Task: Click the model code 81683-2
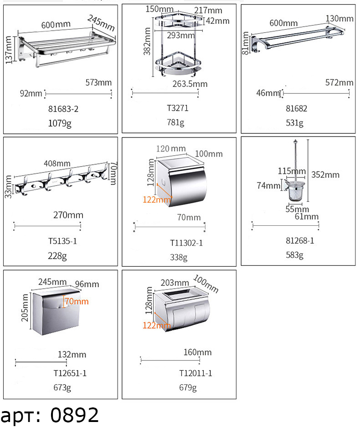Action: click(x=63, y=109)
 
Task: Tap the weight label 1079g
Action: click(x=60, y=123)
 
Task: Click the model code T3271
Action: click(x=177, y=108)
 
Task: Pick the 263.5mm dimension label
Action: click(x=190, y=84)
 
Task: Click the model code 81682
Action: click(x=296, y=109)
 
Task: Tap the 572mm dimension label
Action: click(x=339, y=82)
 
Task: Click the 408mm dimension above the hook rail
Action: click(x=57, y=163)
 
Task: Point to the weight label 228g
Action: click(x=57, y=256)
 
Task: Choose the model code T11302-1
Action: click(x=186, y=243)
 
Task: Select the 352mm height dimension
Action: click(x=325, y=175)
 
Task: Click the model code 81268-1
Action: click(x=299, y=241)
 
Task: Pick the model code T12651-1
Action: click(x=70, y=373)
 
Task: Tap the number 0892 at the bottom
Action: click(x=75, y=415)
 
